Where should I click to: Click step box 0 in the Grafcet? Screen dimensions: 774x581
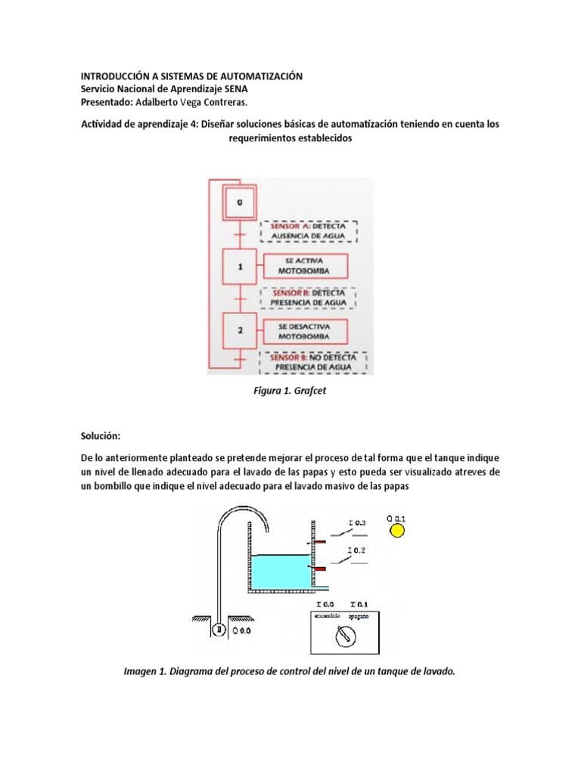[240, 202]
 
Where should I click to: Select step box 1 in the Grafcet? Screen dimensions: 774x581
[240, 267]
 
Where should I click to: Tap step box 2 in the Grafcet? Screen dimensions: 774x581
[240, 330]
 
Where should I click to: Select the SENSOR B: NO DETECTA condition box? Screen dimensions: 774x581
[313, 362]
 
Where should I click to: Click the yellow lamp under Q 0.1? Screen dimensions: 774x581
[396, 531]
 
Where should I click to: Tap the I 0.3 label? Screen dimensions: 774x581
[356, 522]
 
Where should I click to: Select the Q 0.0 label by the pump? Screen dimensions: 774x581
[240, 629]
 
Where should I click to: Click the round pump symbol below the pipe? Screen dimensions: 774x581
[219, 628]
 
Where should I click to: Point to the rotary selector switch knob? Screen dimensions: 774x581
[345, 636]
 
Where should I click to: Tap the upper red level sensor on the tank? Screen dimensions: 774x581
[320, 541]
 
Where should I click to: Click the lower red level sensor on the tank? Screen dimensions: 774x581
[320, 568]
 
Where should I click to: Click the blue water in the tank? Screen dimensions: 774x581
[280, 571]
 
